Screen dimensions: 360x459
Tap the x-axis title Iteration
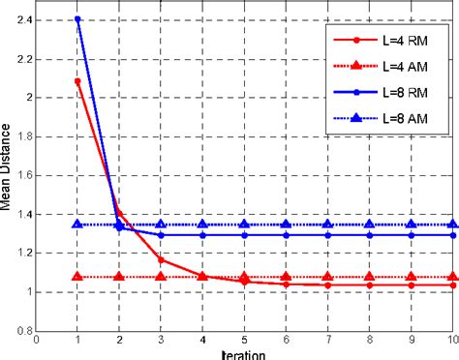pos(244,353)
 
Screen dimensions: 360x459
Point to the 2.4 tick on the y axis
pos(23,19)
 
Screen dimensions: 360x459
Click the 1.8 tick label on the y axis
pos(23,135)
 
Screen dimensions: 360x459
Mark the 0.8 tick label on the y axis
pos(23,330)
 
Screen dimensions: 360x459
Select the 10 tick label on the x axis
pos(451,340)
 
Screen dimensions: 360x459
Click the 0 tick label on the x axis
pos(36,340)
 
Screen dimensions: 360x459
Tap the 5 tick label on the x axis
pos(244,340)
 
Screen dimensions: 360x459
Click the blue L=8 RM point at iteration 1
pos(77,19)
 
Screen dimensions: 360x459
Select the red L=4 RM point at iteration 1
pos(77,80)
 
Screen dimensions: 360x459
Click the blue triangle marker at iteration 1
pos(77,224)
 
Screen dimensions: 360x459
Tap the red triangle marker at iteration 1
pos(77,277)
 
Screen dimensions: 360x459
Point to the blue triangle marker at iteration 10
pos(451,224)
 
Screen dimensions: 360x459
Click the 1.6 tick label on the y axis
pos(23,174)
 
